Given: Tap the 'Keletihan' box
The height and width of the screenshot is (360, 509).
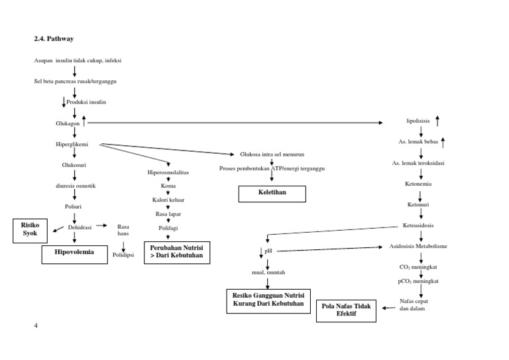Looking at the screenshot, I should [x=272, y=194].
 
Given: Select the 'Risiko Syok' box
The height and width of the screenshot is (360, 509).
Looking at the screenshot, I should [x=30, y=230].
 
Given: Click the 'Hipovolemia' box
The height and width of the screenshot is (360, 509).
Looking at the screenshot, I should [x=74, y=252].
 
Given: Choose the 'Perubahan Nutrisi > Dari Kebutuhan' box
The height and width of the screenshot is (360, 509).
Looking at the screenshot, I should [x=176, y=252].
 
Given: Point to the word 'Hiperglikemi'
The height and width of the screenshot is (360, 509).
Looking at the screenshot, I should [x=72, y=144].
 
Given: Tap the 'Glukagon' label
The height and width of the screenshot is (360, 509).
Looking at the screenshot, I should [x=68, y=123].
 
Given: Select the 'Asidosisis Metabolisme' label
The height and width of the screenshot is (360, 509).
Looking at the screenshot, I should [x=418, y=246].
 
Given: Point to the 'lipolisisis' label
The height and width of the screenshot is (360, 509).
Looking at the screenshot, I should [x=418, y=121].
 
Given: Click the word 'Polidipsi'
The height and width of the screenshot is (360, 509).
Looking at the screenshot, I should [x=123, y=255].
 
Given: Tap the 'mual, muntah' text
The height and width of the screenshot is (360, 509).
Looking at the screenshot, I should [x=268, y=272].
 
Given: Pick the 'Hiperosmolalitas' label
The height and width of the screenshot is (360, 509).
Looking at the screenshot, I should [x=168, y=172].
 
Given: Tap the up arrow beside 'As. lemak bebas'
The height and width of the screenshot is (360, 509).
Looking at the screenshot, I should [x=443, y=142].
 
